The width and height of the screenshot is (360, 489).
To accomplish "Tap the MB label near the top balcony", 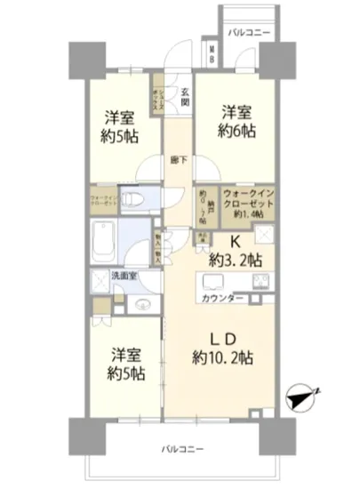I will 212,55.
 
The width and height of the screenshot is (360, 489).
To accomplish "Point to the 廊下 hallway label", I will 179,161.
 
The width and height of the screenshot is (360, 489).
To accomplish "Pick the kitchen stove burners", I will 263,285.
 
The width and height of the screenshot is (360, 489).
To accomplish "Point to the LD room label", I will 221,340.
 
